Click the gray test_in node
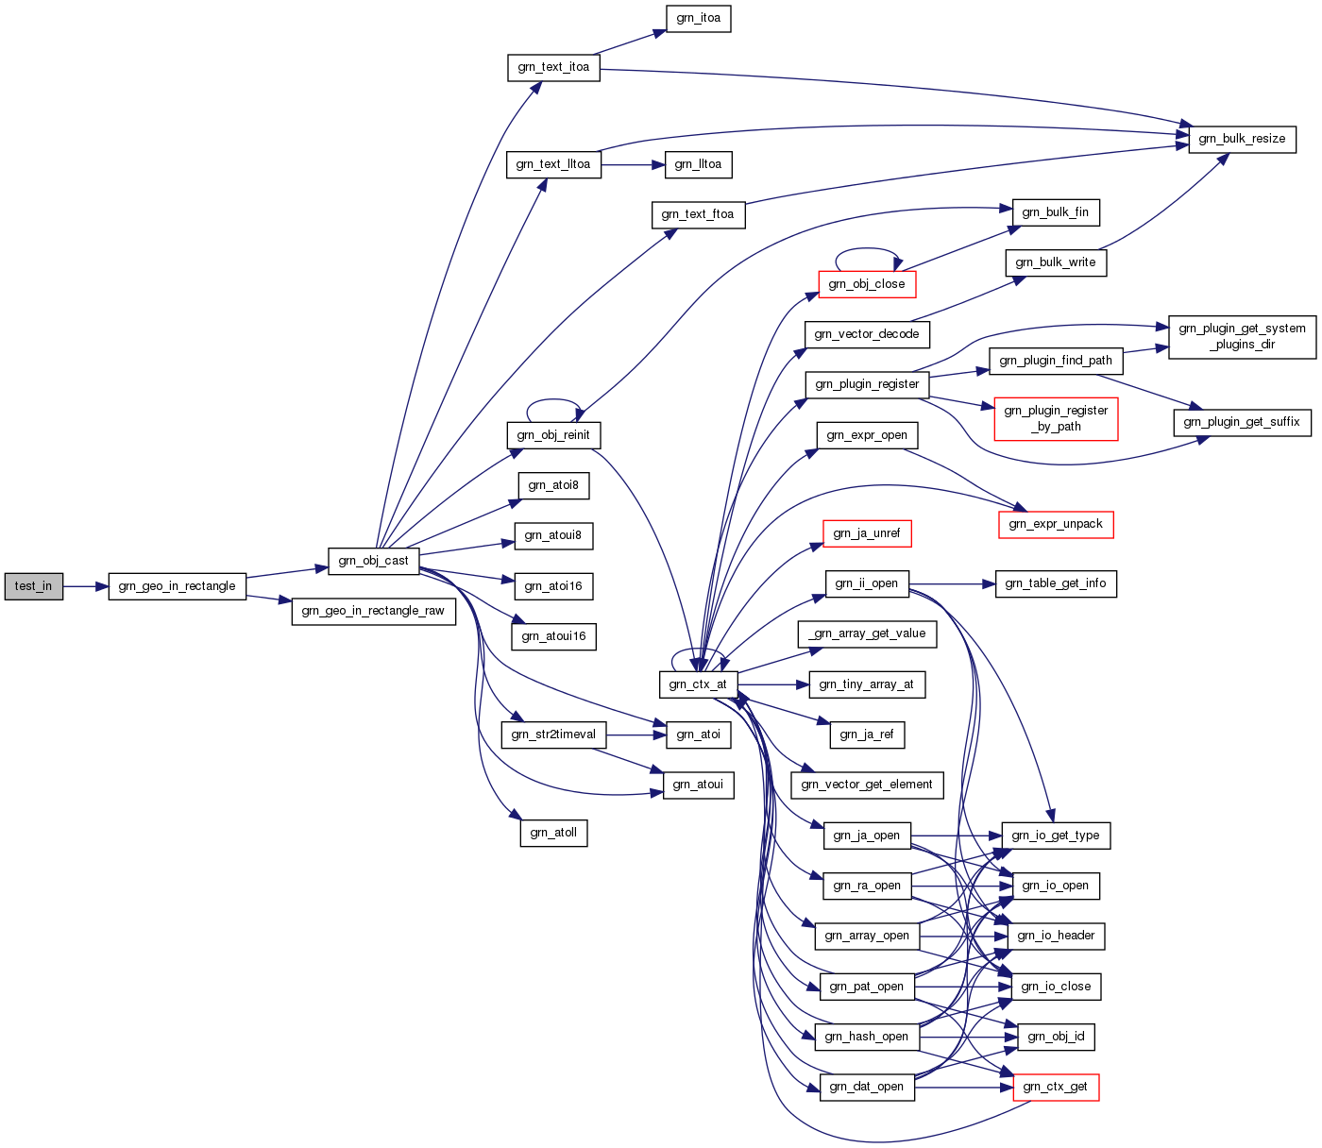[x=34, y=586]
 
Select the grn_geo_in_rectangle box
[x=177, y=586]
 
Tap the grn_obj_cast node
[x=374, y=561]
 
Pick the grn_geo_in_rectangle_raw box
[x=374, y=611]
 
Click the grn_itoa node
[x=699, y=18]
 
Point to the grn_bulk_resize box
[x=1242, y=139]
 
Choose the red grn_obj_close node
[x=867, y=284]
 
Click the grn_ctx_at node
[x=699, y=684]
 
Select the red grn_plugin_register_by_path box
[x=1056, y=418]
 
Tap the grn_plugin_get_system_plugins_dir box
[x=1242, y=337]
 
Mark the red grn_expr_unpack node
[x=1056, y=524]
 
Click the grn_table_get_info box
[x=1056, y=583]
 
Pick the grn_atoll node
[x=553, y=833]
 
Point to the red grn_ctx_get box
[x=1056, y=1088]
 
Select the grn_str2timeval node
[x=553, y=735]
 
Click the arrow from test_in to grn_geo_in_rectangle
[x=85, y=586]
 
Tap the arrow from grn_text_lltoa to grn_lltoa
[x=634, y=164]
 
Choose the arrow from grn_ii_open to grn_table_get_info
[x=952, y=583]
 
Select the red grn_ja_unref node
[x=867, y=533]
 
